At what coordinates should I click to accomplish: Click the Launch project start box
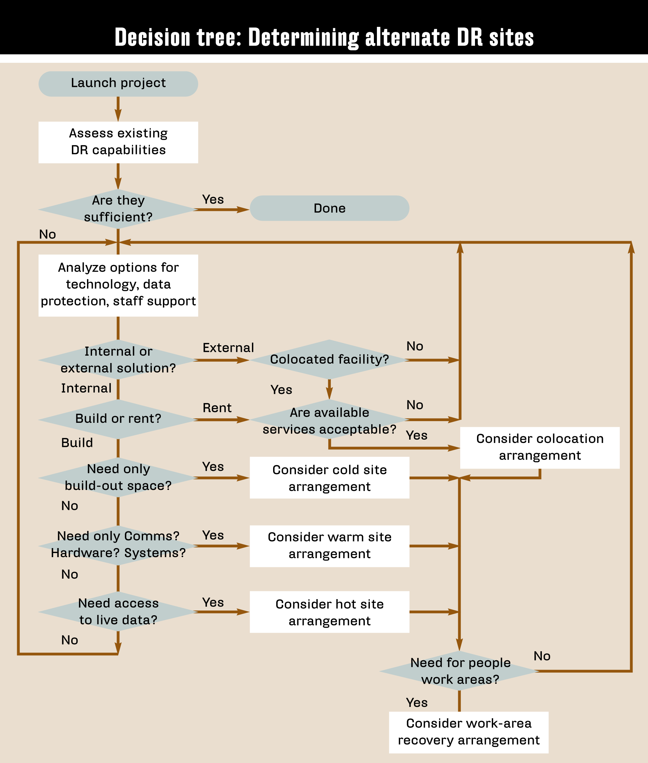point(118,84)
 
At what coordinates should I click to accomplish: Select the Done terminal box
point(329,208)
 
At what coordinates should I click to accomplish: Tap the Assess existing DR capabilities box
point(118,142)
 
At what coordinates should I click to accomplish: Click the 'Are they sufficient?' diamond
point(118,209)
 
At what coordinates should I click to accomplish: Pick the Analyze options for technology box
point(118,285)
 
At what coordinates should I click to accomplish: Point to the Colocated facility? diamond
point(329,359)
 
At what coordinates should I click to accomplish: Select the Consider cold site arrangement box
point(329,478)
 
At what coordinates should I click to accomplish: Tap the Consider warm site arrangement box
point(329,546)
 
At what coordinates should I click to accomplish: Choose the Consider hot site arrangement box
point(329,612)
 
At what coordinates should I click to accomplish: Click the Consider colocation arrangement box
point(539,447)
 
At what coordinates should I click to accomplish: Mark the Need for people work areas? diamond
point(460,671)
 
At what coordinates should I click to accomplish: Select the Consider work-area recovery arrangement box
point(468,732)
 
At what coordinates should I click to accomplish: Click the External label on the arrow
point(228,348)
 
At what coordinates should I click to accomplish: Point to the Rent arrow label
point(217,408)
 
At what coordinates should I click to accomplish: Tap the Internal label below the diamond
point(86,389)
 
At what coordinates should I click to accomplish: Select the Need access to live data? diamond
point(118,611)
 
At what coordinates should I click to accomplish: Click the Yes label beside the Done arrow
point(213,199)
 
